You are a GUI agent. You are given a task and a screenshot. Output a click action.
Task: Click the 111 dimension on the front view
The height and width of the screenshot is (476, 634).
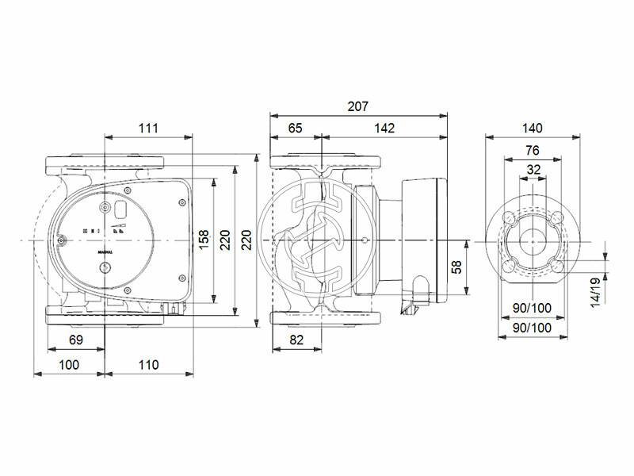(x=148, y=128)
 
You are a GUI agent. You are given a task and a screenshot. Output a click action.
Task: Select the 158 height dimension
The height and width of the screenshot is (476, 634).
(x=204, y=238)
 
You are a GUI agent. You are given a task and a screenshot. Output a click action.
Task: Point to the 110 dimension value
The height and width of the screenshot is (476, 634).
(x=148, y=365)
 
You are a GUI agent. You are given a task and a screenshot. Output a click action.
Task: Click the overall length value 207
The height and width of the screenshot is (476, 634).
(x=359, y=106)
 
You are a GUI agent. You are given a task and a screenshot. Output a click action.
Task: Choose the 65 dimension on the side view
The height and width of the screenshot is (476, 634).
(x=295, y=128)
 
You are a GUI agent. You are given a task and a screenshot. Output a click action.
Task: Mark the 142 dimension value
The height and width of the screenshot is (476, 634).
(x=384, y=128)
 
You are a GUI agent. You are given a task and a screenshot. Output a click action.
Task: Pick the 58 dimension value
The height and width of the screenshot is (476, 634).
(x=456, y=266)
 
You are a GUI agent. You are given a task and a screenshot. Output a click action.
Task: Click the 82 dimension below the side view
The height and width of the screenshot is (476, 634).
(x=295, y=340)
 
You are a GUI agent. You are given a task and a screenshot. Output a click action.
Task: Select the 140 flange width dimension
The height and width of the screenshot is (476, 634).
(x=533, y=128)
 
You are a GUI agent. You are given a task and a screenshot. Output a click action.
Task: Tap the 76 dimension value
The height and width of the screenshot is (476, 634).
(x=533, y=149)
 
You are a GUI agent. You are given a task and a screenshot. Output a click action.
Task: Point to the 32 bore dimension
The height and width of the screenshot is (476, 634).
(x=533, y=169)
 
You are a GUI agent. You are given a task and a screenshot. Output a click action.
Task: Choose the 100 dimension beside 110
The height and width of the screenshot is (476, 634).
(x=69, y=365)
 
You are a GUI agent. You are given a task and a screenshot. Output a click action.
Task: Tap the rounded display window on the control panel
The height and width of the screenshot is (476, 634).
(x=124, y=212)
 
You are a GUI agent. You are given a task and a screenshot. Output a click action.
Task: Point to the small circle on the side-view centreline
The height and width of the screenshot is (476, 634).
(x=363, y=239)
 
